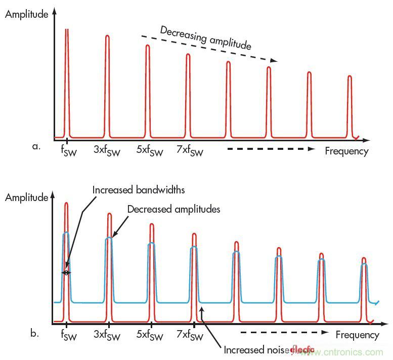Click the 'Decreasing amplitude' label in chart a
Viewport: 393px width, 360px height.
click(x=205, y=37)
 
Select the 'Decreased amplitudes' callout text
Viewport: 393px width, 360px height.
click(x=173, y=209)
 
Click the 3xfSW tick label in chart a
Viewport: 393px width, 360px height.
click(x=107, y=150)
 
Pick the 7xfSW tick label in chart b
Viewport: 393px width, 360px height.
click(x=190, y=336)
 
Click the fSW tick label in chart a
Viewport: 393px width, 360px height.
click(x=63, y=150)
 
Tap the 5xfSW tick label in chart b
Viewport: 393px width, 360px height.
click(x=149, y=336)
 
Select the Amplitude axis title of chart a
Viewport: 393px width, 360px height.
click(x=26, y=14)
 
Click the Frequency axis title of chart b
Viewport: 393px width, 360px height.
click(x=357, y=335)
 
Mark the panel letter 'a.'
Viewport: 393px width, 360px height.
click(x=36, y=147)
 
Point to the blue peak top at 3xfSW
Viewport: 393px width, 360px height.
click(x=108, y=238)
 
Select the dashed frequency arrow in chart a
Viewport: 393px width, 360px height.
click(x=271, y=149)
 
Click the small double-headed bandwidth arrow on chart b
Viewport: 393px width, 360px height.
click(x=66, y=272)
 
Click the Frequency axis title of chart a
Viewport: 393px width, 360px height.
click(x=346, y=151)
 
